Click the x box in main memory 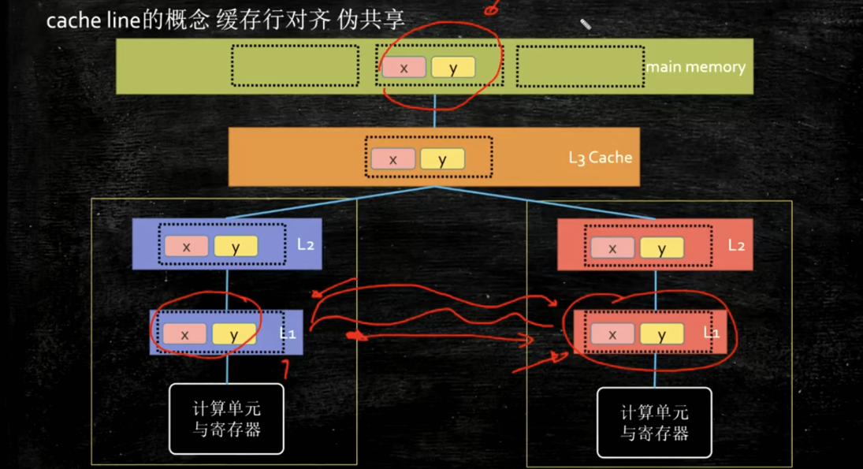click(404, 68)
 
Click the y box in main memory click(452, 68)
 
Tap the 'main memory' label click(695, 67)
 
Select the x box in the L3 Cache click(393, 159)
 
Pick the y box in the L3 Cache click(441, 159)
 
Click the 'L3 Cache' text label click(600, 157)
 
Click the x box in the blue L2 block click(186, 247)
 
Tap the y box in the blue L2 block click(235, 247)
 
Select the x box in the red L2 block click(612, 248)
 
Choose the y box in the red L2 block click(661, 248)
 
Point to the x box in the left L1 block click(184, 334)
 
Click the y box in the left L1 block click(233, 334)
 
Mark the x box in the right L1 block click(612, 335)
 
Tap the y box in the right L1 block click(661, 335)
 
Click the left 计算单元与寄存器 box click(226, 419)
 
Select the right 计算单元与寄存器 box click(654, 422)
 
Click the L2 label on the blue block click(306, 244)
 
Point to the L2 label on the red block click(735, 245)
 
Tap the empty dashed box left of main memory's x click(295, 66)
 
